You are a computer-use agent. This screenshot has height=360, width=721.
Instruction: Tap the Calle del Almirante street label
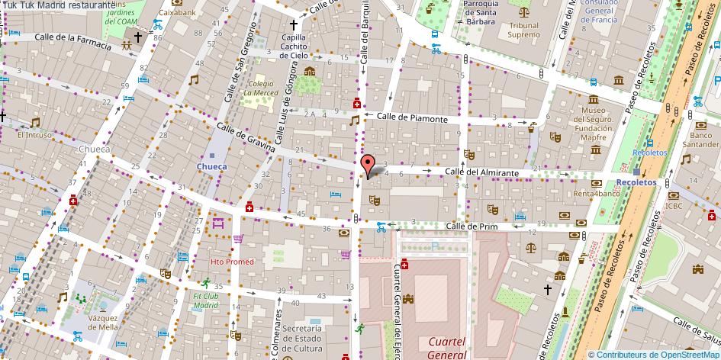(x=482, y=173)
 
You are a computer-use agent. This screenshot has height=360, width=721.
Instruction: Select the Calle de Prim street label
(x=472, y=226)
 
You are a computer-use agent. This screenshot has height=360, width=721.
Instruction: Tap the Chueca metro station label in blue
(x=211, y=166)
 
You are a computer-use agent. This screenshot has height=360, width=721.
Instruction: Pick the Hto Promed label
(x=232, y=262)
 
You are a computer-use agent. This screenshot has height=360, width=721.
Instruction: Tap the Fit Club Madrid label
(x=205, y=300)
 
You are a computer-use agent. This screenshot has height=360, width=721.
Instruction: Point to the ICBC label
(x=674, y=205)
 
